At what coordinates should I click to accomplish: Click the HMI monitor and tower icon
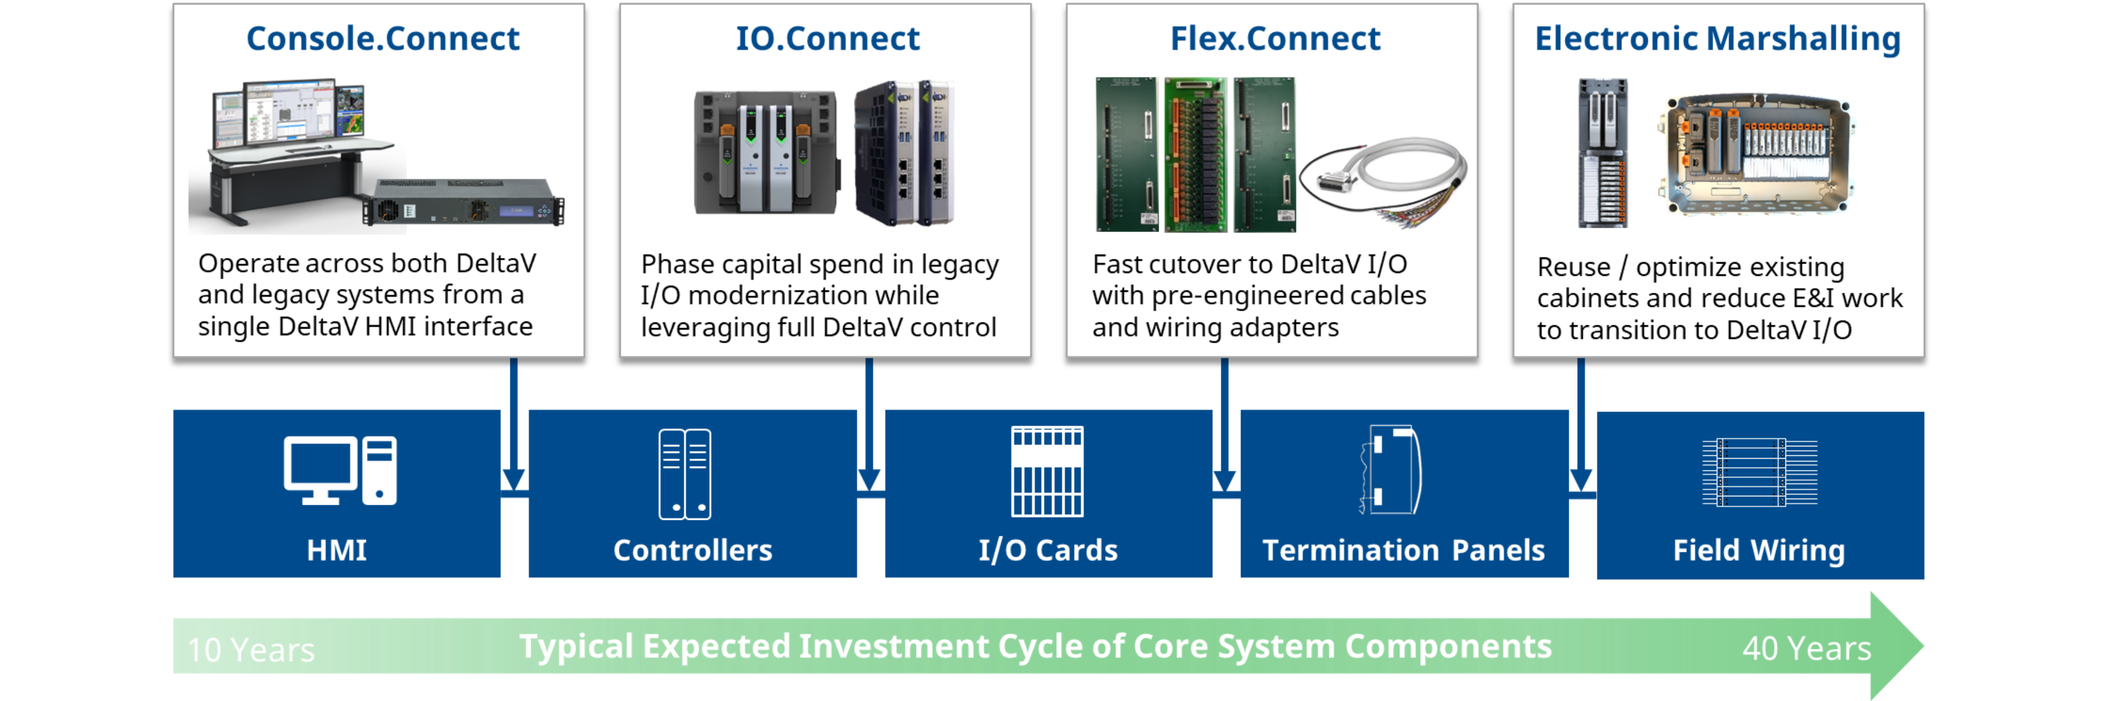(340, 471)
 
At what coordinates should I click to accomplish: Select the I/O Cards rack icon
(1047, 472)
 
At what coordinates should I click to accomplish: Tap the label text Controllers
(692, 550)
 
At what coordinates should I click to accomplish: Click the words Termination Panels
(1403, 550)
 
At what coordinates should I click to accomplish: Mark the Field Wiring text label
(1759, 550)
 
